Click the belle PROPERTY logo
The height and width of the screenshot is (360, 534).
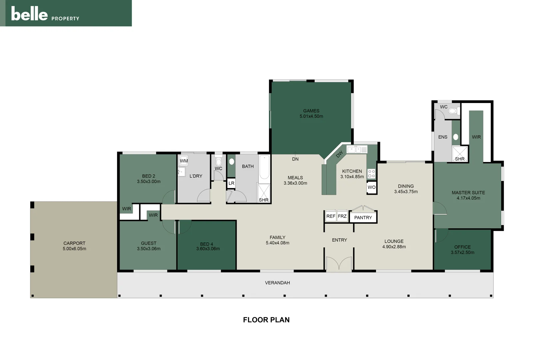coord(45,14)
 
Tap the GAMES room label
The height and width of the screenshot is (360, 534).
coord(311,111)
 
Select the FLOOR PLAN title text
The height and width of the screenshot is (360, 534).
coord(266,320)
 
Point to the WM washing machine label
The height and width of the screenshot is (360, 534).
coord(184,161)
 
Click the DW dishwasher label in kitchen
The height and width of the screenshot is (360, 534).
coord(339,154)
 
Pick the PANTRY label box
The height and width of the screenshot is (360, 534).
coord(363,217)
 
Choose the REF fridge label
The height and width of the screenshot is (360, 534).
coord(331,216)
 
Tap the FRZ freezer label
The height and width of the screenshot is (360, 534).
coord(342,216)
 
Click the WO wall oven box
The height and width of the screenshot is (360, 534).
coord(371,187)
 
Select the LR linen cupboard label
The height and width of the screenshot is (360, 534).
coord(231,183)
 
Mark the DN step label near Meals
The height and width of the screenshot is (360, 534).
coord(295,159)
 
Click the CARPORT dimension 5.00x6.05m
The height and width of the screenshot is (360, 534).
coord(74,249)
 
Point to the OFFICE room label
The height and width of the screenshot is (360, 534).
coord(462,247)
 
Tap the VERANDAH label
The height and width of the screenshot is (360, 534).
coord(277,283)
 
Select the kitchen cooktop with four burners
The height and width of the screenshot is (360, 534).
coord(371,174)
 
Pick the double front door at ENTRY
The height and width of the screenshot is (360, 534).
coord(339,263)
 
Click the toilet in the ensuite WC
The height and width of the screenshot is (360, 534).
coord(453,111)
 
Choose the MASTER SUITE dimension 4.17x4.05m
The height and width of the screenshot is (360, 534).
coord(468,198)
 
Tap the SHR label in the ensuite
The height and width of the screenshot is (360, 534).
coord(460,159)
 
